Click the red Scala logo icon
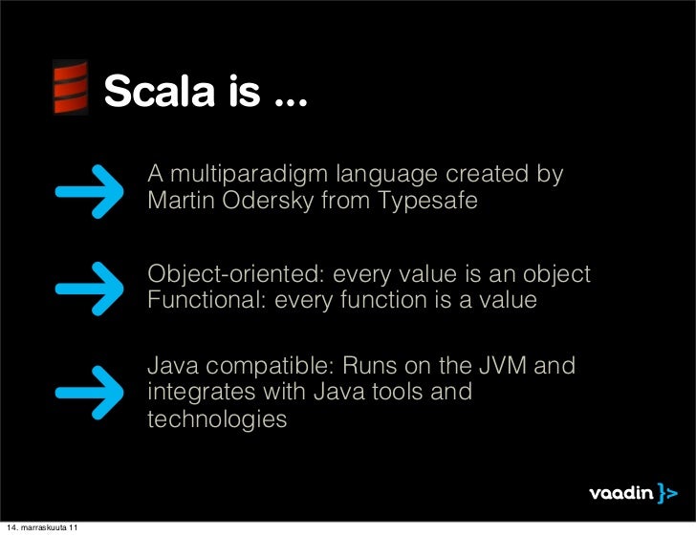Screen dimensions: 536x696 (69, 87)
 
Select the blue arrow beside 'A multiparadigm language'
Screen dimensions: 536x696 (92, 189)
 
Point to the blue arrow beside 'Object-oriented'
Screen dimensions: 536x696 (92, 288)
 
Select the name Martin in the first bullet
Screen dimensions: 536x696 (180, 203)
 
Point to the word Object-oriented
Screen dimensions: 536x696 (228, 275)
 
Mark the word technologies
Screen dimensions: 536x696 (217, 419)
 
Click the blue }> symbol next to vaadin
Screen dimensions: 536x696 (667, 494)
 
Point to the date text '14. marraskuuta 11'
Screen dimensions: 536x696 (42, 528)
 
